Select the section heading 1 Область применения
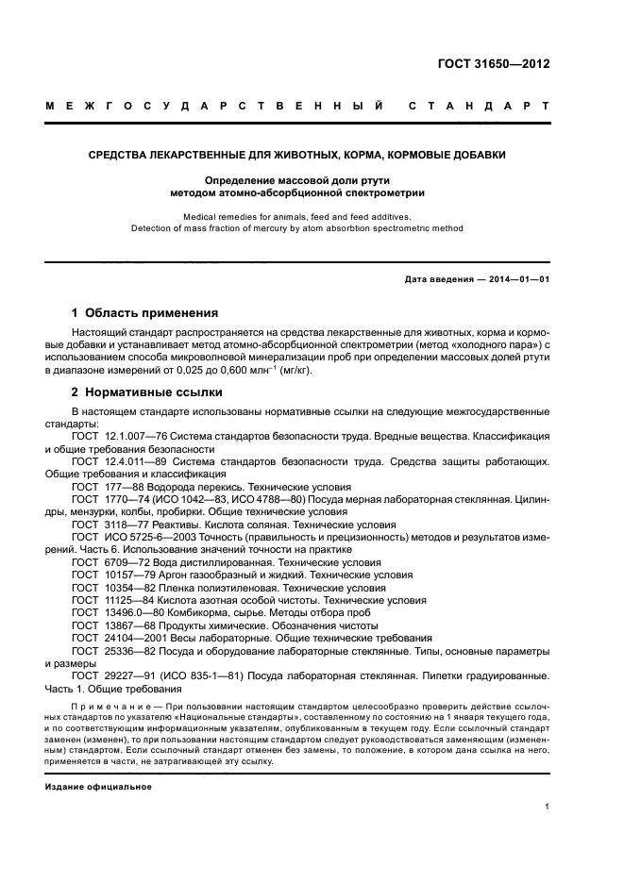[145, 312]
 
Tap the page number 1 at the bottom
[548, 807]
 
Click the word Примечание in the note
[112, 704]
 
